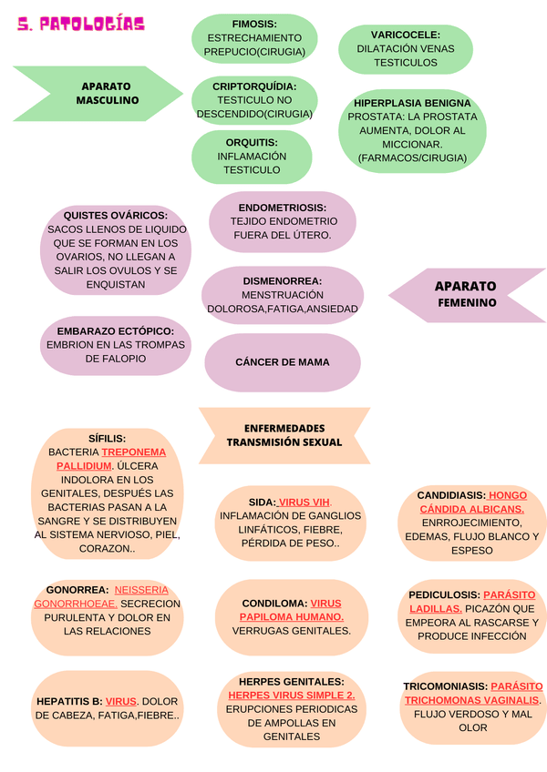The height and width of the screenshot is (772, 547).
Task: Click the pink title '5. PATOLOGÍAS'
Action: (x=81, y=25)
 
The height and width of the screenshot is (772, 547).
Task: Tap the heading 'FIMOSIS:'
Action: (x=254, y=24)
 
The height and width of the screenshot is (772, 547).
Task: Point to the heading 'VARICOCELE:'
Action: (x=405, y=35)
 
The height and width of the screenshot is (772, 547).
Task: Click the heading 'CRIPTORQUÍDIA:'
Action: (x=254, y=86)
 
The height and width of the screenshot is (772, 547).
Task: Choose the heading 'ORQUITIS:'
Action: (x=252, y=142)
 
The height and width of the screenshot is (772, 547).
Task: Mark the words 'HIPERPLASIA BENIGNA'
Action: (x=412, y=103)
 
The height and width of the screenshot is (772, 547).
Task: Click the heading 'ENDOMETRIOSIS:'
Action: (x=283, y=207)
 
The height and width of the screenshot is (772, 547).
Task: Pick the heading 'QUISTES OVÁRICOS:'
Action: (x=116, y=215)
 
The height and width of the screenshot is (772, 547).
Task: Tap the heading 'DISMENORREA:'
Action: (x=283, y=281)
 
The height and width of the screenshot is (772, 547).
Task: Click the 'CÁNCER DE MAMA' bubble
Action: (x=283, y=362)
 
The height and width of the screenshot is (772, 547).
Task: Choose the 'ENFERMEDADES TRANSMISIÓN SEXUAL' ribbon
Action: (x=284, y=435)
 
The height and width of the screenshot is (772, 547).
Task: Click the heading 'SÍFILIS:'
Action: (x=108, y=438)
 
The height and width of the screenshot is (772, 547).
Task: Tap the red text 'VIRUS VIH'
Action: (x=304, y=502)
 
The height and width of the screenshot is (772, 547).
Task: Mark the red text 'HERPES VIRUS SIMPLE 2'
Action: (x=292, y=695)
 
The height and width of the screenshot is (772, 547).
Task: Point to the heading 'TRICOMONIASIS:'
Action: (x=445, y=686)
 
